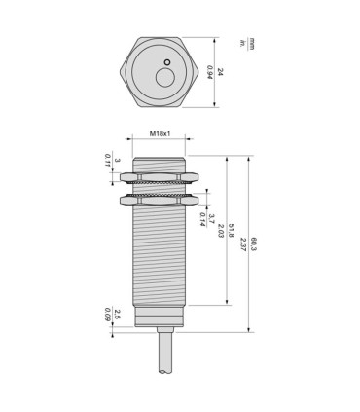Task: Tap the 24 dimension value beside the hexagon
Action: pos(220,71)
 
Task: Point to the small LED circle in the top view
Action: pos(167,63)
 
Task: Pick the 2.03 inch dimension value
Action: pos(221,230)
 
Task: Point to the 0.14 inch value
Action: pos(201,216)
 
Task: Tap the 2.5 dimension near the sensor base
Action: pos(117,314)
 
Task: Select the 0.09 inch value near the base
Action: pos(106,314)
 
